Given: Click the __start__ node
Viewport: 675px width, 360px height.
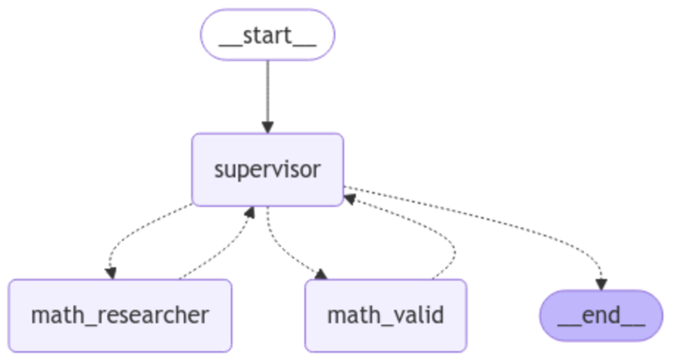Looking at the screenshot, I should (267, 34).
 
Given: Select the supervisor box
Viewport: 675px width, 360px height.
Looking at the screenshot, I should (267, 169).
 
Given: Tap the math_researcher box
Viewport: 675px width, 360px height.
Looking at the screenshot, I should (120, 315).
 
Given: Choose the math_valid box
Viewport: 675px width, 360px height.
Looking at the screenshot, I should (386, 315).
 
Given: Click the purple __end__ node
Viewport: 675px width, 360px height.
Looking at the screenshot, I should (600, 315).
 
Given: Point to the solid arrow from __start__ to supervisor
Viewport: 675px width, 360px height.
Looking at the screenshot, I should (267, 89).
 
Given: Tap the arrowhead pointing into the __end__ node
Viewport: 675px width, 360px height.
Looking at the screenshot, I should (600, 283).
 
